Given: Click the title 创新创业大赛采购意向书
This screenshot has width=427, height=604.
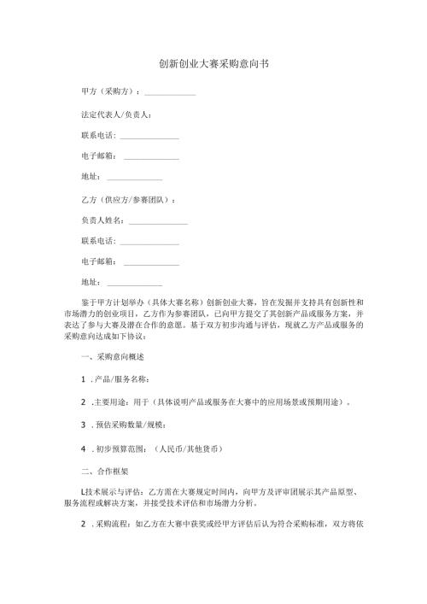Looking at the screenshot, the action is coord(213,64).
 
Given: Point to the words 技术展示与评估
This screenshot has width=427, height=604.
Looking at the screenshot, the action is coord(113,491).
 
